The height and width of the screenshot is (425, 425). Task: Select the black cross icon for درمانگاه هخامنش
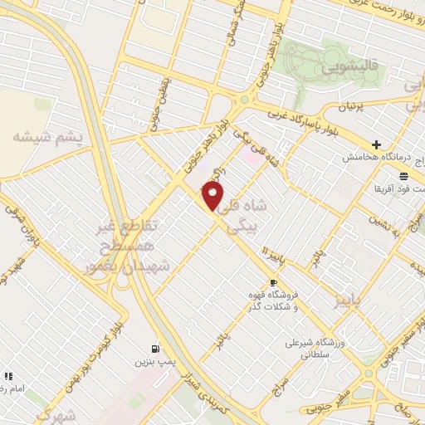tap(376, 144)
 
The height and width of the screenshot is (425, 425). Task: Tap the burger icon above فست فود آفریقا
tap(403, 176)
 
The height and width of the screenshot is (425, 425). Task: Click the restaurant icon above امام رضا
tap(8, 376)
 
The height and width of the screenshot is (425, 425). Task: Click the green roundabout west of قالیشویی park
tap(245, 100)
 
